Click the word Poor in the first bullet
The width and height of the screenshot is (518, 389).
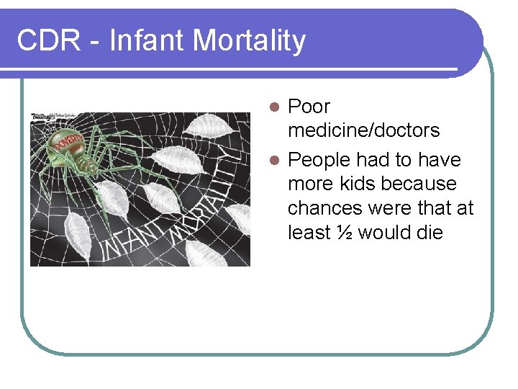pos(309,107)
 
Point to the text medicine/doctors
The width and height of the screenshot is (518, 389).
pos(363,130)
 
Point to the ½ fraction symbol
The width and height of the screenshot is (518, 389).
pos(345,233)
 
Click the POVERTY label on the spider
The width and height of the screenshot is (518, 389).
pos(68,145)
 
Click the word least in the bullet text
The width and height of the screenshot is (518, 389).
pos(312,233)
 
